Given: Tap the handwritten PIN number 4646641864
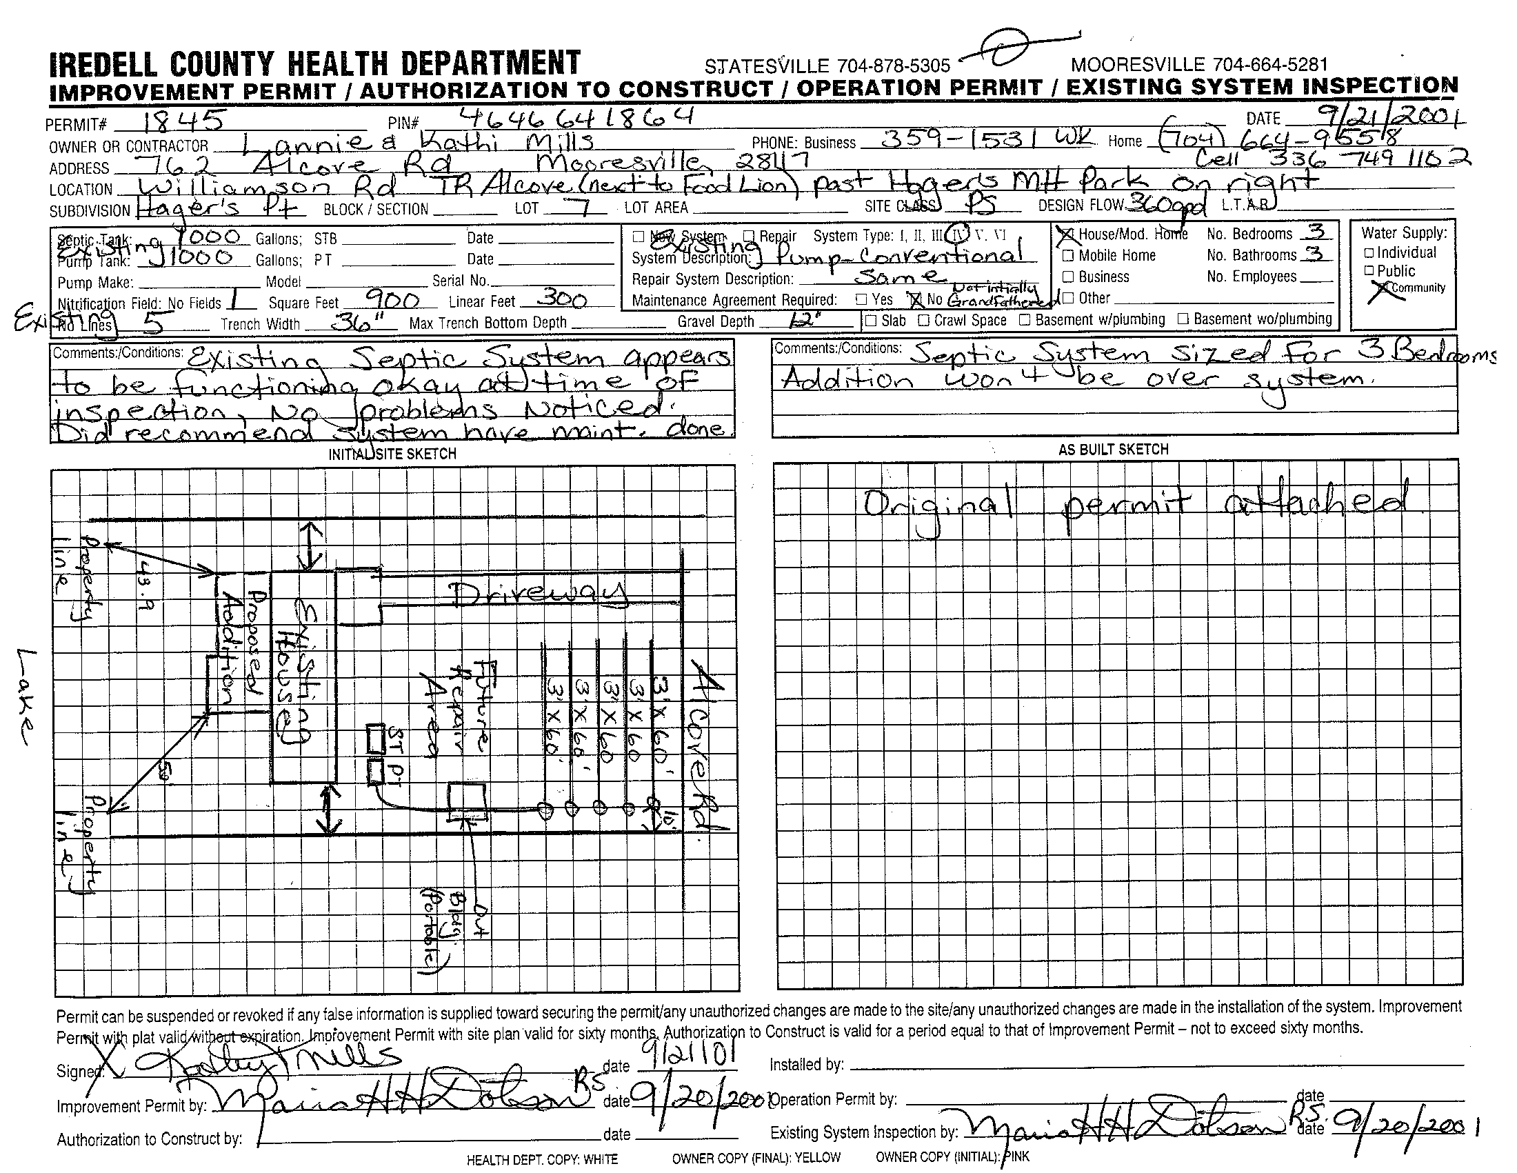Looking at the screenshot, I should (x=576, y=117).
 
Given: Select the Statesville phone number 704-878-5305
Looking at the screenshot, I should (x=892, y=66).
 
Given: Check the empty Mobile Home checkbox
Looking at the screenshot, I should (x=1068, y=256).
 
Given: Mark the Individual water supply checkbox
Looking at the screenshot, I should (x=1369, y=253).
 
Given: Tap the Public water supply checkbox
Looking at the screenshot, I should (x=1369, y=271).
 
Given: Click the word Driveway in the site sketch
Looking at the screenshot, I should (x=539, y=594).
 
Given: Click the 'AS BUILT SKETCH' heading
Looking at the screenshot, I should (x=1114, y=450).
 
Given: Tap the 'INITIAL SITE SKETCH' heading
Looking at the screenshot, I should (x=392, y=454).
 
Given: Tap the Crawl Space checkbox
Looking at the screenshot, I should (x=924, y=321).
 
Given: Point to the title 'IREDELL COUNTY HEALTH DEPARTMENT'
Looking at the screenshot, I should (x=314, y=64).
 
